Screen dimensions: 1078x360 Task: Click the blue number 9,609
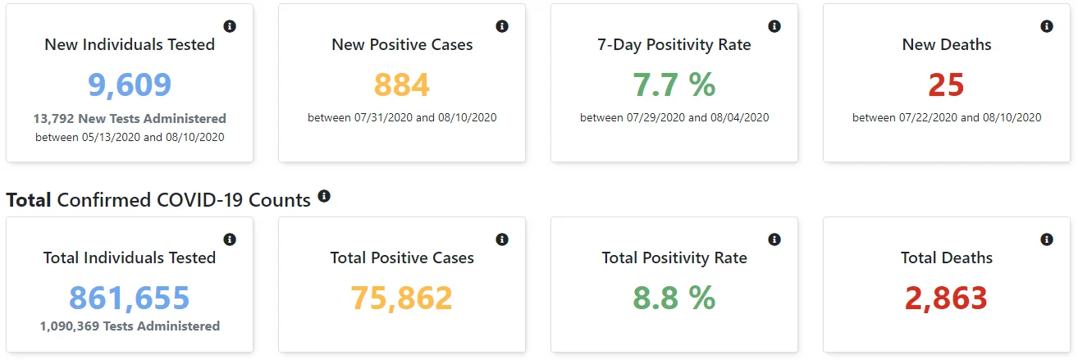point(130,85)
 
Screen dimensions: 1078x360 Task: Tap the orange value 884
point(402,85)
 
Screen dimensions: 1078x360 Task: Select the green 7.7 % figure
point(674,85)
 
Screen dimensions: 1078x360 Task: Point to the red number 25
point(946,85)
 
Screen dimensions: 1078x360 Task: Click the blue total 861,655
point(130,298)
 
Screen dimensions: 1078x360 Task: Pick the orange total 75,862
point(402,298)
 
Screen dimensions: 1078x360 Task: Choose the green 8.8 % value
point(674,298)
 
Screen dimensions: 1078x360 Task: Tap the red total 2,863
point(946,298)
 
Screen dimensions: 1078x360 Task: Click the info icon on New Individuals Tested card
point(230,26)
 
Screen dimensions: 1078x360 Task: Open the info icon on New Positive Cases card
point(502,26)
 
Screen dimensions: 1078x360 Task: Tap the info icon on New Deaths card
point(1047,26)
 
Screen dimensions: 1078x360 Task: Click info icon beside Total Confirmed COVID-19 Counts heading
point(324,196)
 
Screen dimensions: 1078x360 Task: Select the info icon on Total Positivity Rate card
point(774,239)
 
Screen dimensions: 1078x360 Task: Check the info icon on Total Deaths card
point(1047,239)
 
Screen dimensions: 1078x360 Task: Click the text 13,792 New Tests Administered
point(130,118)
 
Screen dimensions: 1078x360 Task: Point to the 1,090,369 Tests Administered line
point(130,326)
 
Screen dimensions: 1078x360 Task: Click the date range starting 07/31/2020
point(402,117)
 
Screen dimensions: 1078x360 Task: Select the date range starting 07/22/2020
point(947,117)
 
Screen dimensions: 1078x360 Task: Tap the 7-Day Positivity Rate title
point(674,45)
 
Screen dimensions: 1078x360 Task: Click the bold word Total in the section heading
point(29,200)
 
